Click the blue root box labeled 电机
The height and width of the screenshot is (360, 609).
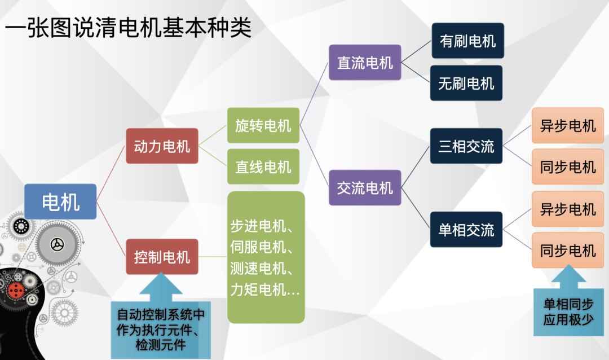coord(60,201)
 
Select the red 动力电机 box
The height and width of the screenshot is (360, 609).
coord(162,146)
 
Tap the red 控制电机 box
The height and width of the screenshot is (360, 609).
coord(162,257)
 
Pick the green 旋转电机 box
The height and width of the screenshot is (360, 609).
coord(263,125)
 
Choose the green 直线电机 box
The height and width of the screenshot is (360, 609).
coord(263,166)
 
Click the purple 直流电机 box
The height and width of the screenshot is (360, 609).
coord(365,63)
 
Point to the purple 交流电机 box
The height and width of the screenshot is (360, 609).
coord(365,187)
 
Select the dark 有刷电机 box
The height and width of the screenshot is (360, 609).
coord(467,41)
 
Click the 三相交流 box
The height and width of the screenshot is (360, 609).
coord(466,146)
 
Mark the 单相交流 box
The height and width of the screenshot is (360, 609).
coord(466,229)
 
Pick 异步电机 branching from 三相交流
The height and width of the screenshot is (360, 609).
coord(568,125)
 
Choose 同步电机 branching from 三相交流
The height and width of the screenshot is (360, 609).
coord(568,166)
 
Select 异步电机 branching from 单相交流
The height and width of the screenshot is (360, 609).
coord(568,209)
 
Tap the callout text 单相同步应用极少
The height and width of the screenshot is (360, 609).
coord(568,311)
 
